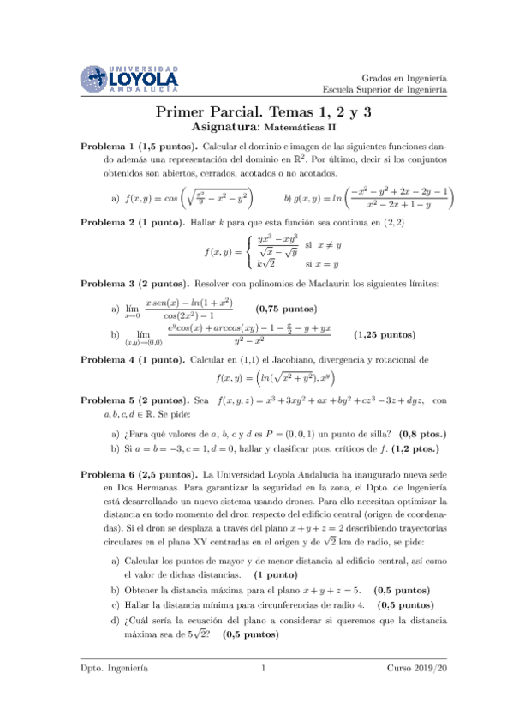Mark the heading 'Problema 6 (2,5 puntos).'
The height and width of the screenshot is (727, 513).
138,473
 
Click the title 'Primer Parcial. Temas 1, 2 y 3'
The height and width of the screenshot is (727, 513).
257,111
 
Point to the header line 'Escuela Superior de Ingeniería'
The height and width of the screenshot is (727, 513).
385,88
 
